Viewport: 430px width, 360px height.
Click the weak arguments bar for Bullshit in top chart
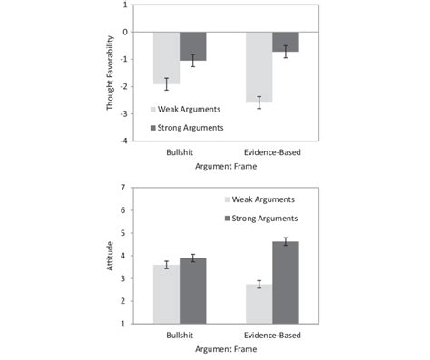coord(166,58)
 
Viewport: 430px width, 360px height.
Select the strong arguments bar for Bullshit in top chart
coord(193,46)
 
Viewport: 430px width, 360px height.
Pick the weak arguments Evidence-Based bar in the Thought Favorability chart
coord(259,67)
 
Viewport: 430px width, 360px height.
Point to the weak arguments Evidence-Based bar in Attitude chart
coord(259,303)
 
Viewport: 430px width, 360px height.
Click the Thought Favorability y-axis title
coord(110,73)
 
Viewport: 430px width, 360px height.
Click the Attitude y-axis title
coord(110,255)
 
